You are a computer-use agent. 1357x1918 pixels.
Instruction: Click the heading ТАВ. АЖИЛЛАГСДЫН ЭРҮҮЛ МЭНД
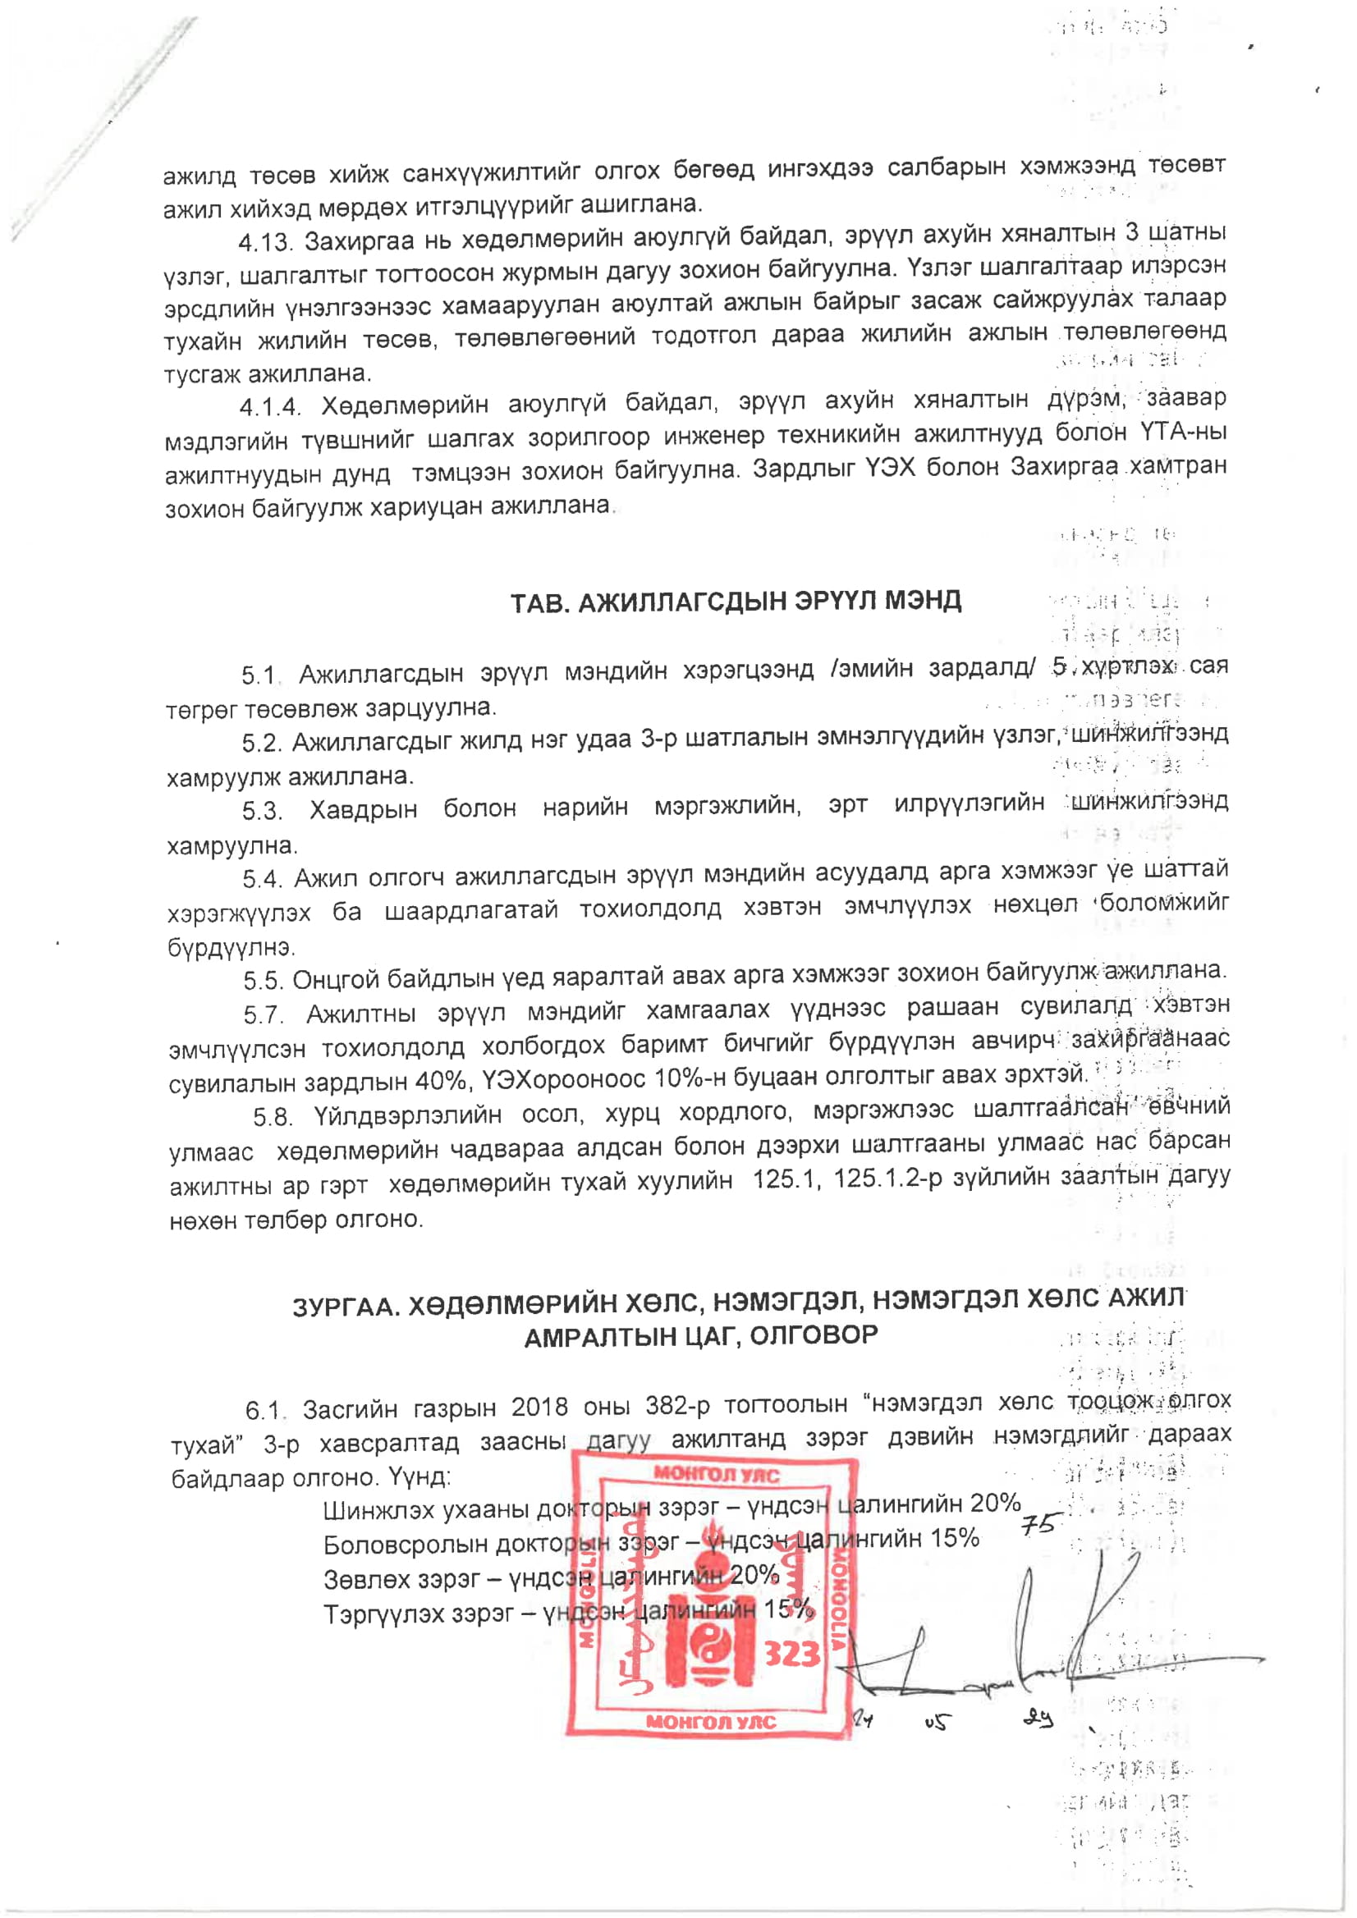tap(736, 602)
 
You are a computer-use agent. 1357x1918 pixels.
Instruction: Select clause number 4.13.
tap(265, 243)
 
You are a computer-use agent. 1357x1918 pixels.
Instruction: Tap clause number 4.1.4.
tap(269, 407)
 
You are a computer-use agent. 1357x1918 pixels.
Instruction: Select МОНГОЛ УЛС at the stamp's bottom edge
tap(711, 1722)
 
